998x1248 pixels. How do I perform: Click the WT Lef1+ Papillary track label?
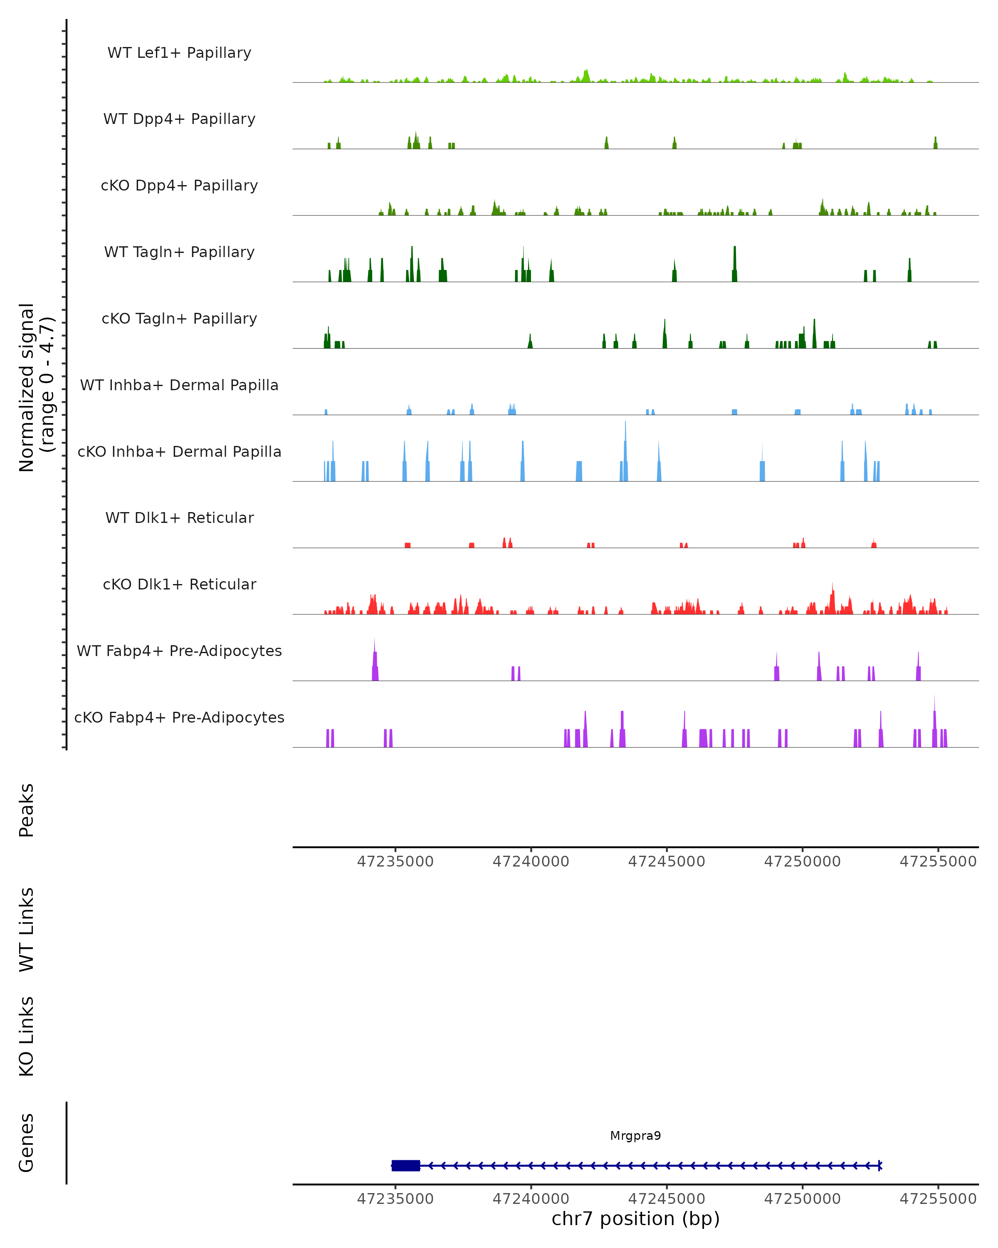(179, 53)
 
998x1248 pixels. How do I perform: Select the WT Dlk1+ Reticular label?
(179, 518)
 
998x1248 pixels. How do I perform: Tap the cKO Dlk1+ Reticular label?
(179, 584)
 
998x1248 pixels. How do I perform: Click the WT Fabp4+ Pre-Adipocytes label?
(179, 651)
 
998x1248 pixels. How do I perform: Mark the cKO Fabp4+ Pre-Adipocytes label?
(179, 717)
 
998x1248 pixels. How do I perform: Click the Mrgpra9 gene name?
(635, 1136)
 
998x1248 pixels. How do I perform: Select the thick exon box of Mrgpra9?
(405, 1165)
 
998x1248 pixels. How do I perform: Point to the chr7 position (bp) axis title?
(635, 1218)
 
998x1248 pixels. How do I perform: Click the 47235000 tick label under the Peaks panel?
(395, 862)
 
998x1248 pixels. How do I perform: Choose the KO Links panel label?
(27, 1036)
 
